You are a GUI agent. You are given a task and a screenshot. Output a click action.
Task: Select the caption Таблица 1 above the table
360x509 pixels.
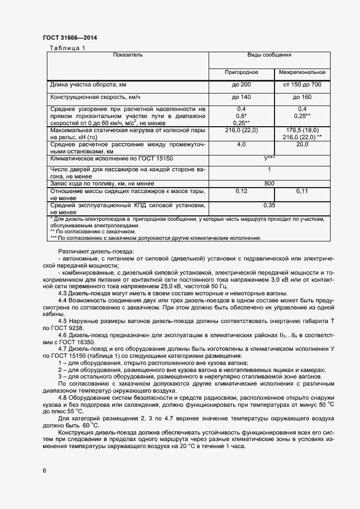pyautogui.click(x=68, y=48)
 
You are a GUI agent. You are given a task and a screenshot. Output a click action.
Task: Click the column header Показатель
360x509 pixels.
pyautogui.click(x=128, y=55)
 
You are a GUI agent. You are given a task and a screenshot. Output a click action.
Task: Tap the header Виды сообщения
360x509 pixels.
pyautogui.click(x=269, y=55)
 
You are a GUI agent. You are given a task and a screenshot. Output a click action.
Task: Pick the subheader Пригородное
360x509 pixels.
pyautogui.click(x=241, y=72)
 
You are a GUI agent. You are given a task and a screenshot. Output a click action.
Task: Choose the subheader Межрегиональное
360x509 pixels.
pyautogui.click(x=302, y=72)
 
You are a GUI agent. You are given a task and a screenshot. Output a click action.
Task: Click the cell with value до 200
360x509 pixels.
pyautogui.click(x=241, y=85)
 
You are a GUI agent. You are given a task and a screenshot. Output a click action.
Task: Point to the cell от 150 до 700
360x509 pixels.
pyautogui.click(x=302, y=85)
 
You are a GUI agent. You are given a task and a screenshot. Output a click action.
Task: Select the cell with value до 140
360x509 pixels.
pyautogui.click(x=241, y=97)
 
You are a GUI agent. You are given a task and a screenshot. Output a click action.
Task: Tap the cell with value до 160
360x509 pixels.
pyautogui.click(x=302, y=97)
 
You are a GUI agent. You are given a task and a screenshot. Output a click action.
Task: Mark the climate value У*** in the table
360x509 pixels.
pyautogui.click(x=269, y=158)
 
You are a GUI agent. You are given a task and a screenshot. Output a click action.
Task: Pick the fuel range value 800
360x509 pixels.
pyautogui.click(x=269, y=184)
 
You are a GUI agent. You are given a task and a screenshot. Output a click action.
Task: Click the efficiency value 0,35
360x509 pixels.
pyautogui.click(x=269, y=206)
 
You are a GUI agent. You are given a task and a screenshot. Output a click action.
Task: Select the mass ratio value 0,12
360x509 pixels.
pyautogui.click(x=241, y=191)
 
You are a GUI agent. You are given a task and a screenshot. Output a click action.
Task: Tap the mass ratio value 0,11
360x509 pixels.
pyautogui.click(x=302, y=191)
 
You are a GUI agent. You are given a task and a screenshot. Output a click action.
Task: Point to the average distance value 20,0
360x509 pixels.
pyautogui.click(x=302, y=145)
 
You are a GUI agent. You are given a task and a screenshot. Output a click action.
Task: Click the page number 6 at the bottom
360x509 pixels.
pyautogui.click(x=45, y=470)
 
